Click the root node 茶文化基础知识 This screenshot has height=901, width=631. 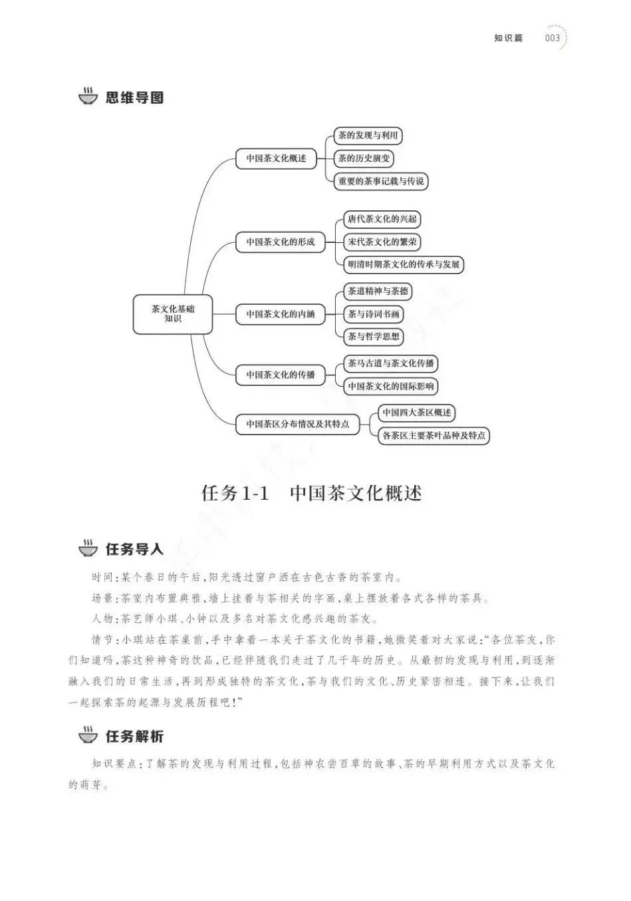[x=173, y=314]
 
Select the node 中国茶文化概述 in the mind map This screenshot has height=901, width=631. [x=276, y=158]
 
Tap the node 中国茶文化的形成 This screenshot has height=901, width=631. [x=280, y=242]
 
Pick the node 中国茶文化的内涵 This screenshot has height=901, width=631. [x=280, y=314]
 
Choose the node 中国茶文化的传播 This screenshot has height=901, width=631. [x=280, y=375]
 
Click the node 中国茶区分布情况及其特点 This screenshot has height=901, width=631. [x=297, y=424]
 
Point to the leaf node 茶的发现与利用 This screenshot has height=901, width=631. [x=368, y=136]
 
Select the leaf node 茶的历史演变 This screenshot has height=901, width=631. [x=364, y=158]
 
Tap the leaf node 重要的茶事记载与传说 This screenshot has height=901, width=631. [x=380, y=181]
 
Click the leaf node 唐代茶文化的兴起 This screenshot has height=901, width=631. [x=382, y=219]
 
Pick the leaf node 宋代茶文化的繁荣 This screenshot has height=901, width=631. [x=382, y=242]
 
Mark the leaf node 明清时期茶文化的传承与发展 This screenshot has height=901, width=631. [x=403, y=264]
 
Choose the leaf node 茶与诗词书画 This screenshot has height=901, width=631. [x=374, y=314]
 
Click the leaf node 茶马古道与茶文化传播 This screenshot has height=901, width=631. [x=390, y=363]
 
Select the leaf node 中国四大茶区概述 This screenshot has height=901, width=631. [x=417, y=413]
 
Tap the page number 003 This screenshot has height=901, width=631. [x=552, y=38]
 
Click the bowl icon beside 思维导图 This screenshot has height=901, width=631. [x=88, y=97]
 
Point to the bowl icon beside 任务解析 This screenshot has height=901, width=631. [x=88, y=735]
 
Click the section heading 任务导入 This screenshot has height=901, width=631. [x=134, y=549]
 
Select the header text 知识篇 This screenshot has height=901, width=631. [x=508, y=38]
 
